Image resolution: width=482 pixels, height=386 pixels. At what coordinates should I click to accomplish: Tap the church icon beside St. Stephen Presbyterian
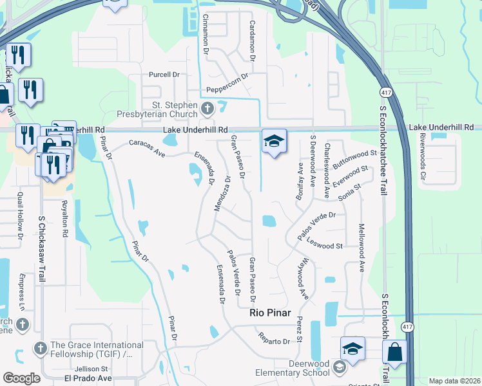point(207,107)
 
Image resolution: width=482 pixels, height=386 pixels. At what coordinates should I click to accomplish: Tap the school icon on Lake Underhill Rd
point(273,142)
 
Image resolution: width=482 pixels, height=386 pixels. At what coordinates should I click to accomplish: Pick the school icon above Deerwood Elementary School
point(352,349)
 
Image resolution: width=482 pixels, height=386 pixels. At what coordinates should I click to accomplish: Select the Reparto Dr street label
point(274,338)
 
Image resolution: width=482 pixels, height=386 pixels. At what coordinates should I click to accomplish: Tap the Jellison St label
point(91,369)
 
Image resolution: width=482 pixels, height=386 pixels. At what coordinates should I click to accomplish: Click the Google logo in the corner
point(21,378)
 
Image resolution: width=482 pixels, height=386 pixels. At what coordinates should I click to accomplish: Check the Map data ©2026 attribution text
point(454,381)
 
